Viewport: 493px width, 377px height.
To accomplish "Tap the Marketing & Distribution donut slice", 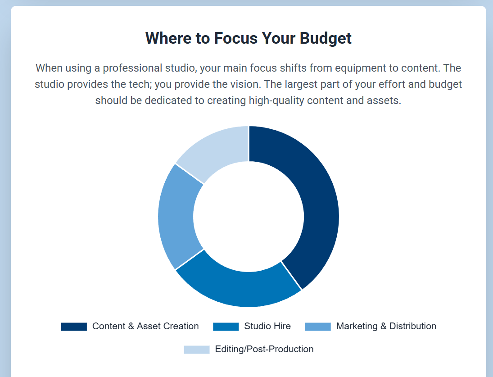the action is (x=178, y=217).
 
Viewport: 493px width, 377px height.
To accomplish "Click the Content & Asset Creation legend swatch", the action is (x=74, y=327).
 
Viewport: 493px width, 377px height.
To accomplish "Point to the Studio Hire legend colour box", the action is (x=226, y=327).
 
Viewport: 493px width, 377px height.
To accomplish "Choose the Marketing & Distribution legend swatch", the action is (x=318, y=327).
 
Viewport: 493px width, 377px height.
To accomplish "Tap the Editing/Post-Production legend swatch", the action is (x=196, y=350).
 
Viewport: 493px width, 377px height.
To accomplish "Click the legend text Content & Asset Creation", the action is (x=145, y=326).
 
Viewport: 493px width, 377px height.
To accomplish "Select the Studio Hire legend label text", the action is (x=267, y=326).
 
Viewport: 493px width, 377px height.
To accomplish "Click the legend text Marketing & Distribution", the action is (x=386, y=326).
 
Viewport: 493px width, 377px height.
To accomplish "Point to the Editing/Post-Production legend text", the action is (x=264, y=349).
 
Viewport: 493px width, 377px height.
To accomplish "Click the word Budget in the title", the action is (x=326, y=38).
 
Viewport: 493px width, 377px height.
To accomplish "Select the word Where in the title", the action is (x=168, y=38).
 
